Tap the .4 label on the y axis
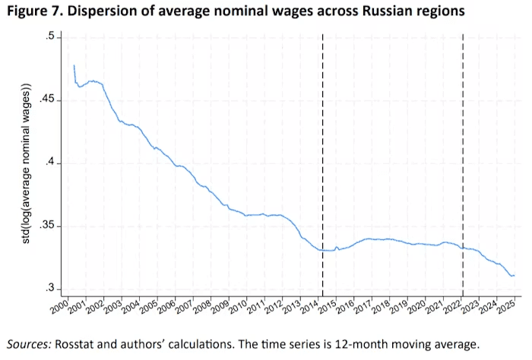click(51, 163)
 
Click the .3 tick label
click(51, 289)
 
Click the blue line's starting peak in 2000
click(74, 66)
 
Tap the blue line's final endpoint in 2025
click(514, 275)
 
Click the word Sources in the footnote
click(29, 343)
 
